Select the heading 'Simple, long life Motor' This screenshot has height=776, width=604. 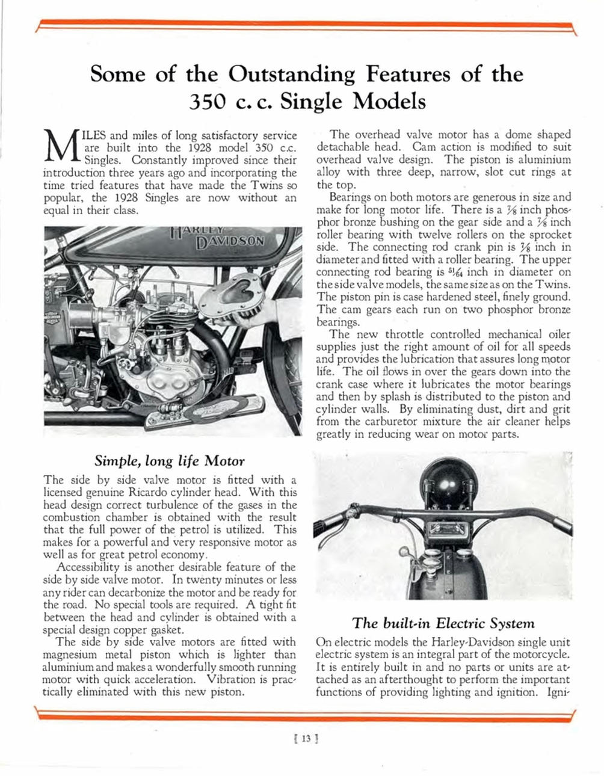coord(170,461)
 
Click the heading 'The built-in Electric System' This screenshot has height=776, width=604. coord(443,623)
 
